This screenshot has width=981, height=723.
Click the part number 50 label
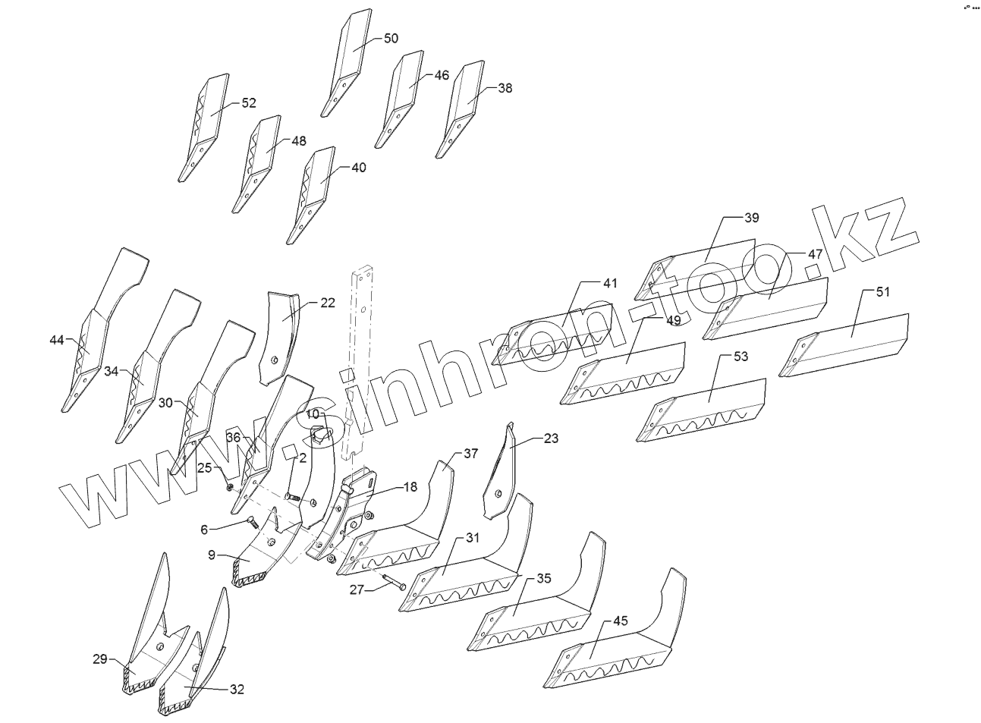click(x=391, y=39)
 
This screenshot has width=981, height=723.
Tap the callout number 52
click(x=249, y=103)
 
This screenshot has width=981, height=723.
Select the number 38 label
click(x=505, y=88)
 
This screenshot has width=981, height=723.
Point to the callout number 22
click(x=327, y=303)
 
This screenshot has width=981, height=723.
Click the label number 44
click(x=57, y=340)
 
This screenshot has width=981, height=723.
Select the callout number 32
click(x=237, y=690)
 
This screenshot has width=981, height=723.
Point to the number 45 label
click(x=620, y=621)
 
